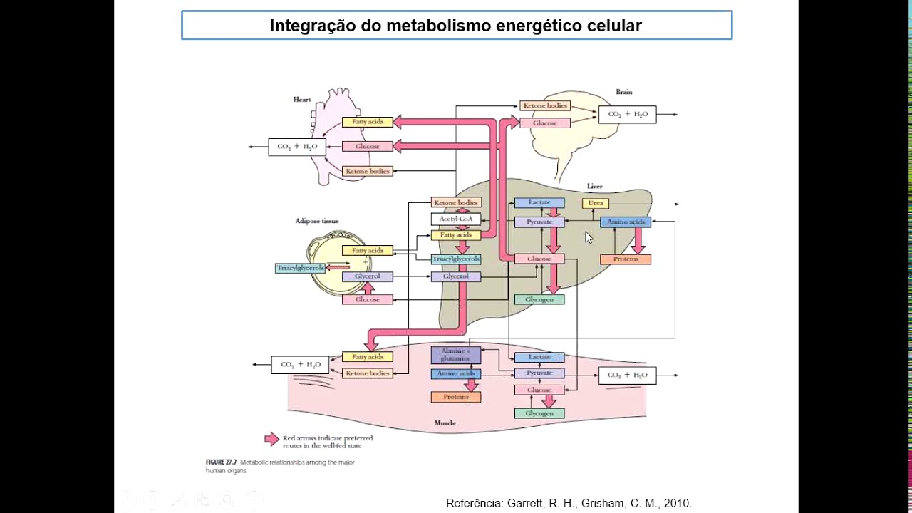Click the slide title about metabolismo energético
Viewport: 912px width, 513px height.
(x=456, y=26)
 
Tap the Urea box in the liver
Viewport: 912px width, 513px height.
(x=596, y=203)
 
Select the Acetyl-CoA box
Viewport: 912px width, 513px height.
(x=456, y=219)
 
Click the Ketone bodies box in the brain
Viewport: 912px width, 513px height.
(x=544, y=105)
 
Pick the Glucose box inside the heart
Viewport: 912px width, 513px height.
(x=367, y=146)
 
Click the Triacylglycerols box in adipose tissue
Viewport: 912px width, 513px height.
(x=300, y=268)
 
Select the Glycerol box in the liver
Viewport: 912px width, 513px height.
(x=455, y=276)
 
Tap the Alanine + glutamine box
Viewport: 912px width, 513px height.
(x=455, y=354)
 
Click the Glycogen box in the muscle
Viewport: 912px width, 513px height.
(x=539, y=413)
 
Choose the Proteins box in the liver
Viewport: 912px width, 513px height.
(x=625, y=259)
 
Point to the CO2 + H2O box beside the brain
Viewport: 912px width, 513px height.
(x=627, y=114)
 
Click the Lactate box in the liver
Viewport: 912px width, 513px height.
(x=539, y=203)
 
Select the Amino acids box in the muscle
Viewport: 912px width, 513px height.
(x=455, y=373)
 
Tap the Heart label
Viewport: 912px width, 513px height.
(x=302, y=99)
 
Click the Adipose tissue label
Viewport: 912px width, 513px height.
(x=317, y=221)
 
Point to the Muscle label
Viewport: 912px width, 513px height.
(x=445, y=423)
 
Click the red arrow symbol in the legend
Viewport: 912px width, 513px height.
(x=271, y=439)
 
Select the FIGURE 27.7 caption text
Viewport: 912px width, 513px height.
(x=279, y=466)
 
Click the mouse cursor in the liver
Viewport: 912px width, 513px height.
(x=589, y=237)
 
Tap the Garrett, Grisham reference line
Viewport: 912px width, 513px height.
(x=569, y=503)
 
